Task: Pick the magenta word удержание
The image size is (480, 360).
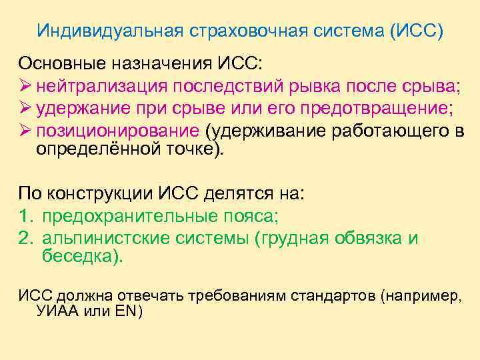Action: (82, 108)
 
